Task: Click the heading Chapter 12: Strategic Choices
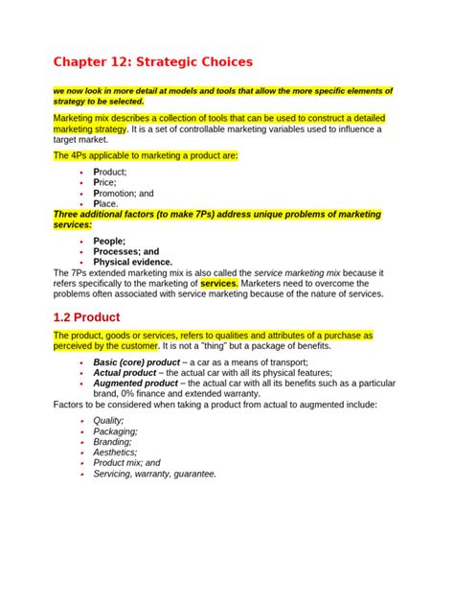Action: [153, 62]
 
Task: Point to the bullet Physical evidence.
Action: [133, 262]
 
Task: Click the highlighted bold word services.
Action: [219, 284]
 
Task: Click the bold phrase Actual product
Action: [128, 373]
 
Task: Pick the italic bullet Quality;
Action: [109, 421]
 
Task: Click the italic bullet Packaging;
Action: [116, 431]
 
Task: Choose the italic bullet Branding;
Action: [115, 442]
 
